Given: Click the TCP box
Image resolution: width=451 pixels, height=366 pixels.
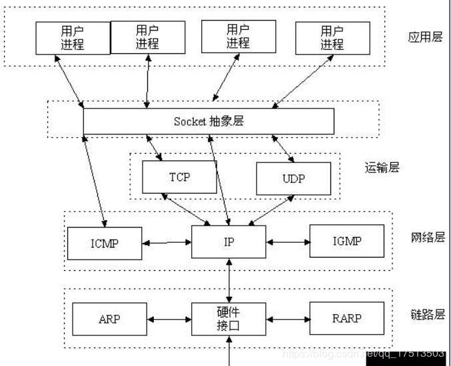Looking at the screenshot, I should (x=180, y=178).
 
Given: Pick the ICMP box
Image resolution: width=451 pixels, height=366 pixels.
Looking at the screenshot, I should (x=105, y=242).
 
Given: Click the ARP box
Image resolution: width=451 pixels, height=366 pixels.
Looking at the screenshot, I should (x=109, y=319).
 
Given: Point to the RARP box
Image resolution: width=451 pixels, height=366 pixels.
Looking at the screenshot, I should (x=346, y=319).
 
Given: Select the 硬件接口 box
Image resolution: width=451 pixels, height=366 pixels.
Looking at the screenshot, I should (x=228, y=319).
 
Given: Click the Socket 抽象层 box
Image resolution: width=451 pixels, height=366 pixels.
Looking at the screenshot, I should (x=208, y=121).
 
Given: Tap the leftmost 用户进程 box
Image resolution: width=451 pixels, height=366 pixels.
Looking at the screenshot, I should (x=72, y=37).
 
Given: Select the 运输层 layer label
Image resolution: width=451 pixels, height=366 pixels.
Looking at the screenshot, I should (x=382, y=168).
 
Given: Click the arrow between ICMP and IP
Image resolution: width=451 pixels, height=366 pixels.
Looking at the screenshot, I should (x=167, y=243).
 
